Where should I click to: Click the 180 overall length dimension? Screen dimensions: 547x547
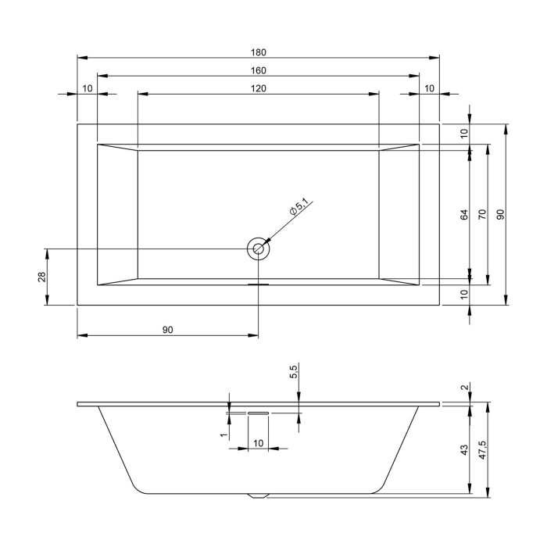(259, 52)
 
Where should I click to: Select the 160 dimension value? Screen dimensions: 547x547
(259, 70)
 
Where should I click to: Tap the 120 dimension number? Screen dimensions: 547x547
(259, 88)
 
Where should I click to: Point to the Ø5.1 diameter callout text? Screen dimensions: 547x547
(300, 208)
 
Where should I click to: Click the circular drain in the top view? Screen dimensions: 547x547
(258, 249)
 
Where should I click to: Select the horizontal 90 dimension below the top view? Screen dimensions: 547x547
(167, 331)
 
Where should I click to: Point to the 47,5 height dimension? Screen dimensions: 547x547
(482, 450)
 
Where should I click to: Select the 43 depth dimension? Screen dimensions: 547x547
(464, 450)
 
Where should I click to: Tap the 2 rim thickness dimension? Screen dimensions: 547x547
(464, 388)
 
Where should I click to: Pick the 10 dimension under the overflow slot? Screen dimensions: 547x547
(258, 444)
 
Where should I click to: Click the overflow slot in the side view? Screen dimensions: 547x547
(258, 413)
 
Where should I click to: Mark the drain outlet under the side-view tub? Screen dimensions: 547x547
(258, 495)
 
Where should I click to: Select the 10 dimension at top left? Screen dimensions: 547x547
(87, 88)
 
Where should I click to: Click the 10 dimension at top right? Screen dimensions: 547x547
(429, 88)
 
